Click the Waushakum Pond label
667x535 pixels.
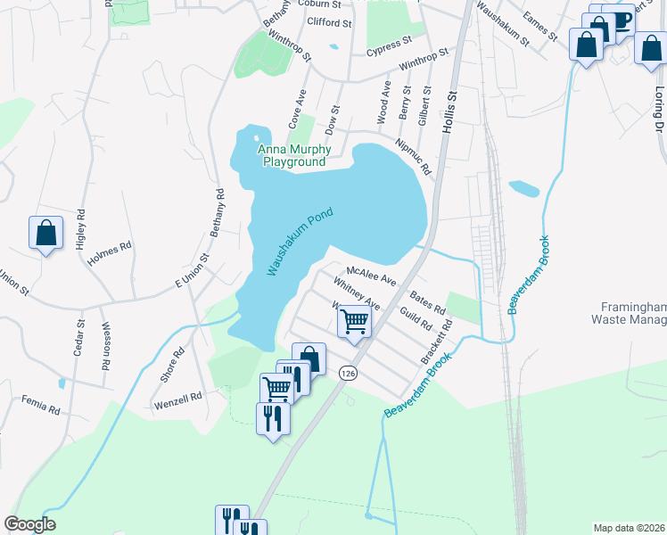pyautogui.click(x=300, y=241)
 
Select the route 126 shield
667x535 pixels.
pyautogui.click(x=348, y=374)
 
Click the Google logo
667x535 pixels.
pyautogui.click(x=29, y=524)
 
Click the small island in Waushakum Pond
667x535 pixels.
pyautogui.click(x=257, y=138)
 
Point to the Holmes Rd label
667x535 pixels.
pyautogui.click(x=112, y=245)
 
